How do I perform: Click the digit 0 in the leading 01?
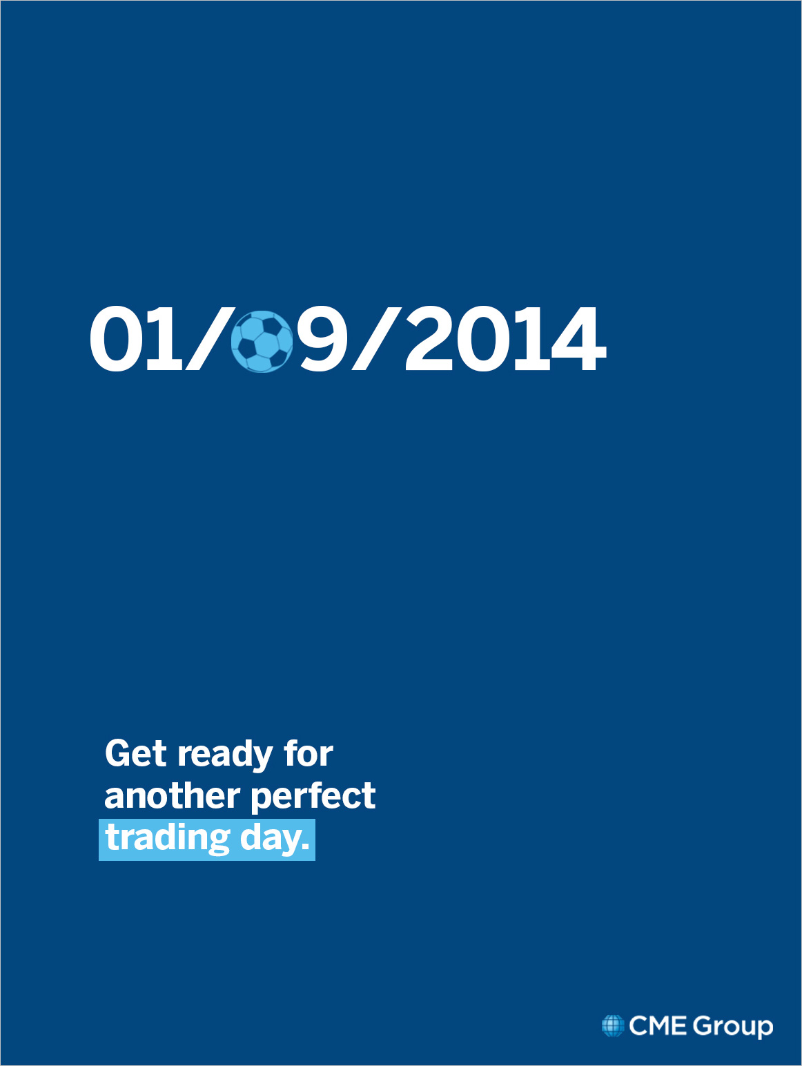[112, 338]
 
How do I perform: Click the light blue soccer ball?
[262, 342]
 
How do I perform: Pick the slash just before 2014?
[377, 338]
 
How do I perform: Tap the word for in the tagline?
[309, 753]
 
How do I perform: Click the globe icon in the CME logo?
[613, 1026]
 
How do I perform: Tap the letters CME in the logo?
[658, 1026]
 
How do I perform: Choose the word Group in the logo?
[733, 1027]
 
